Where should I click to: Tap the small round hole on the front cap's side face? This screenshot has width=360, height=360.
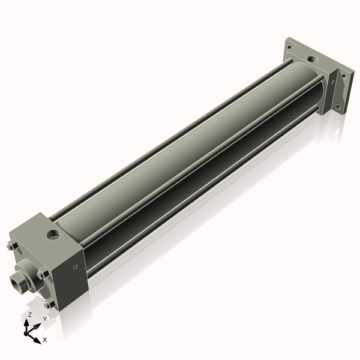point(75,267)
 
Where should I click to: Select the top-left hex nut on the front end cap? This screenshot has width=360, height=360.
point(12,246)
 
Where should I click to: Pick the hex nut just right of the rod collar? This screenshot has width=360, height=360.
point(43,274)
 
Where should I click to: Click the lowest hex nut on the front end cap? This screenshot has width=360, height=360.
point(50,304)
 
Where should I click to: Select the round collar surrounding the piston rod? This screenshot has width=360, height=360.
point(28,275)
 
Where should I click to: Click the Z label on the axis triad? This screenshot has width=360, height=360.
point(29,314)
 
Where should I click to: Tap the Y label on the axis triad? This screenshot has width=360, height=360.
point(44,319)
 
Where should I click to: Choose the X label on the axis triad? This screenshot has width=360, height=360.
point(45,340)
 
